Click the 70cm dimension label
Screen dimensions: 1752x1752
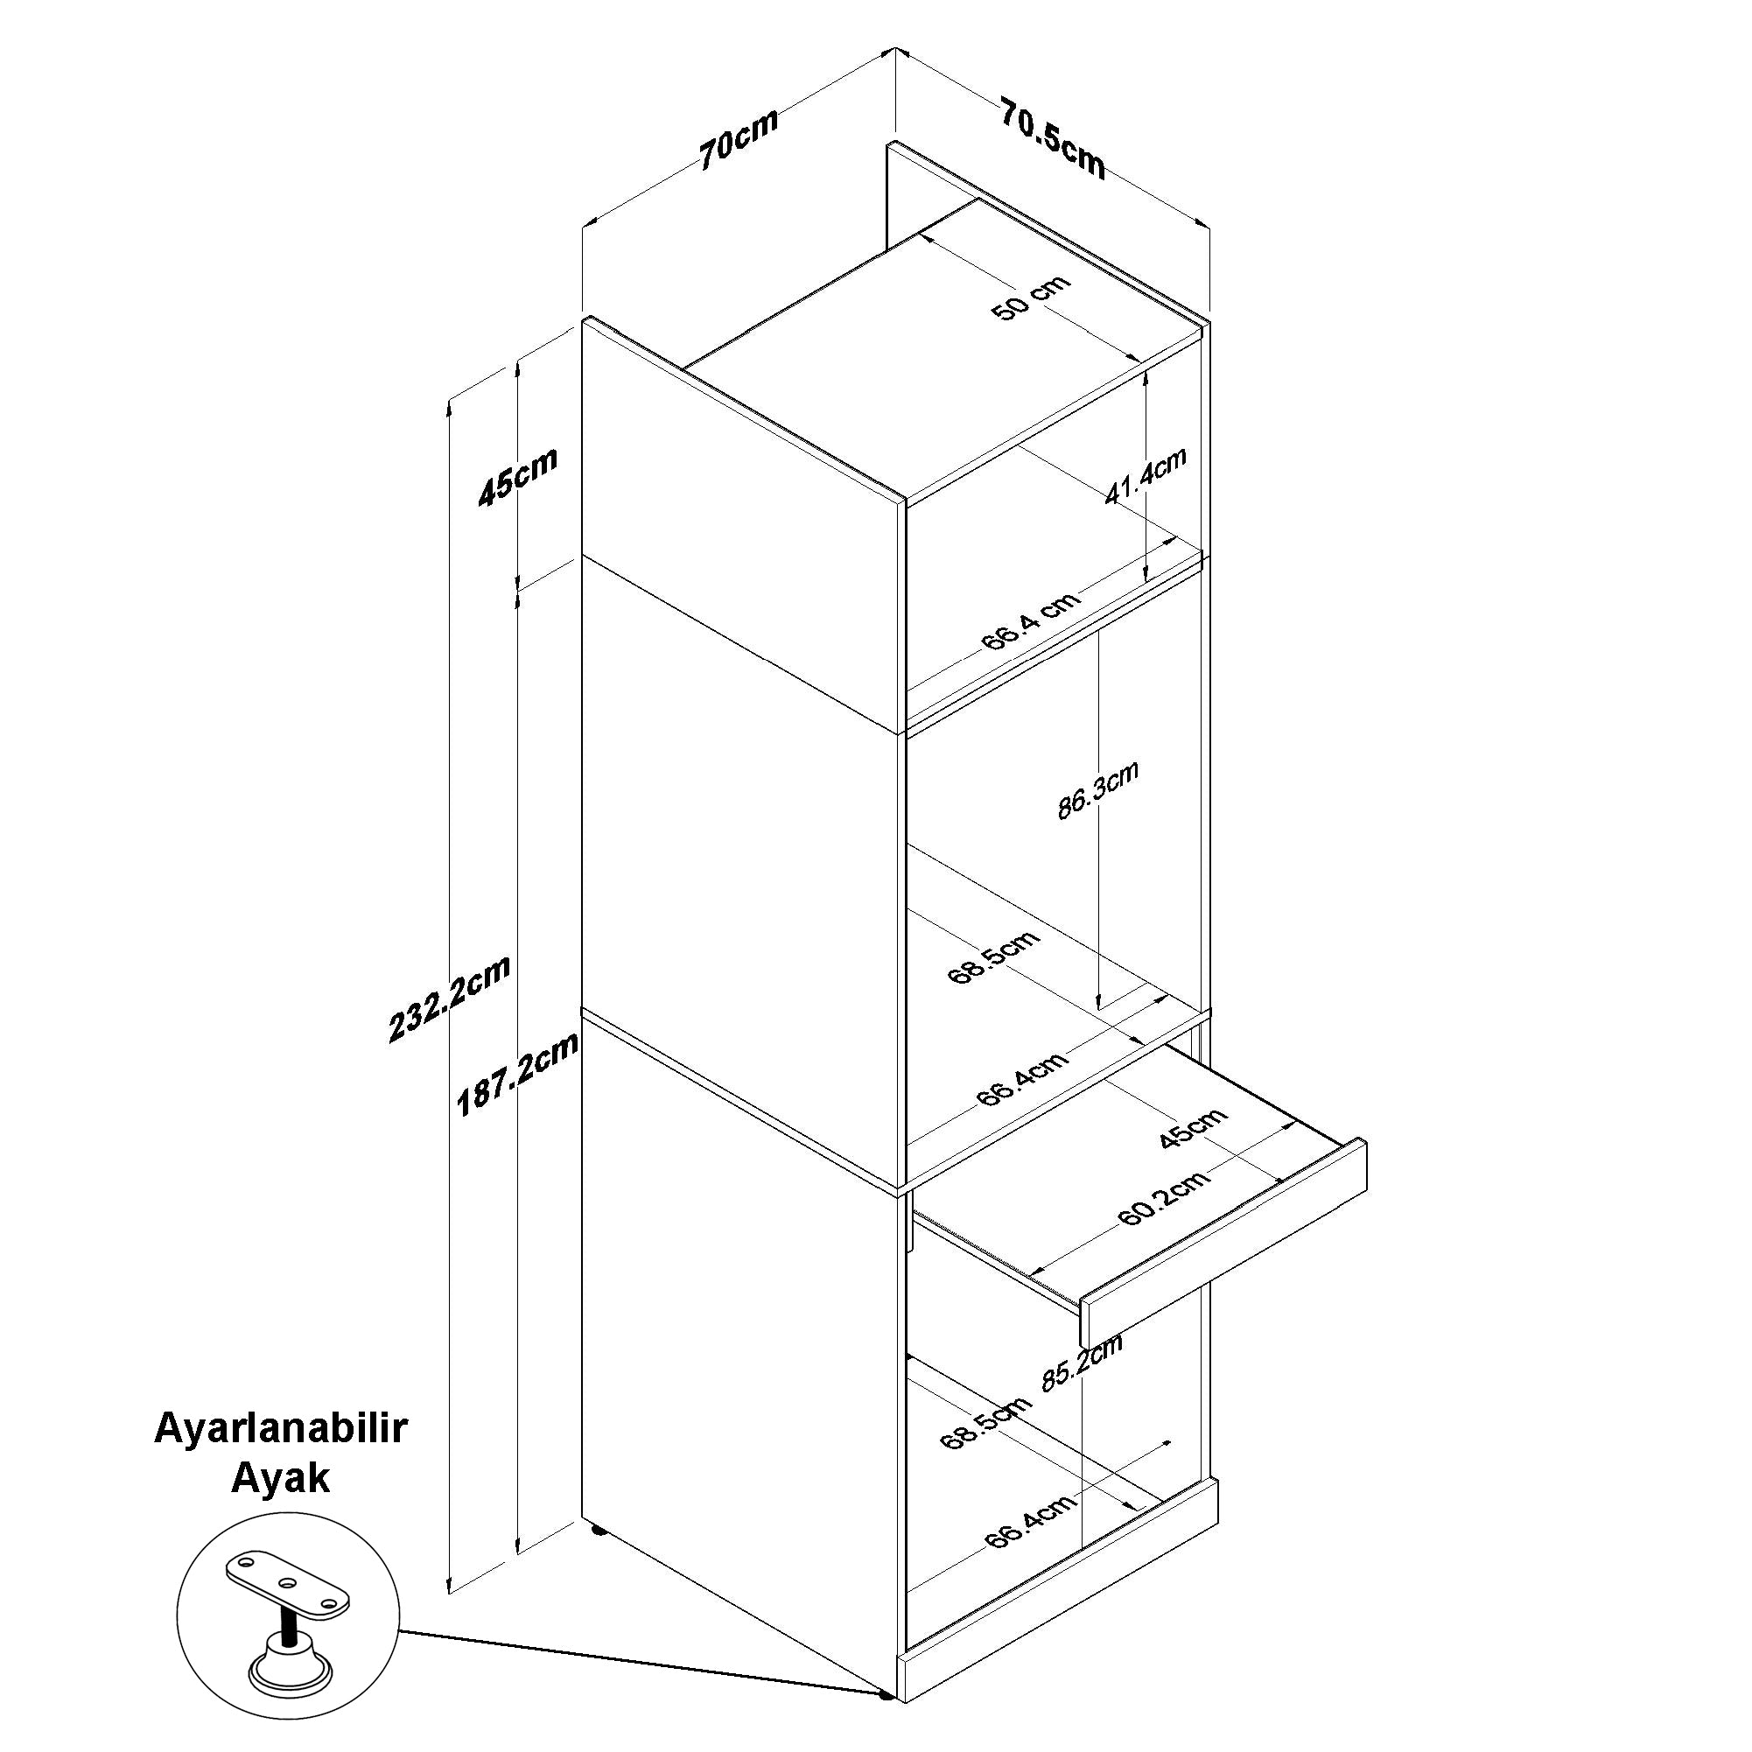point(738,140)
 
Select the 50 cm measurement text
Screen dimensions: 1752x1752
point(1031,298)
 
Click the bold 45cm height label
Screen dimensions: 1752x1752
point(519,477)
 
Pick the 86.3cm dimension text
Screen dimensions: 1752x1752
point(1097,790)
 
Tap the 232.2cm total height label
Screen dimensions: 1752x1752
point(450,999)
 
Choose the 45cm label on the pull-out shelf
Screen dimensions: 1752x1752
point(1193,1128)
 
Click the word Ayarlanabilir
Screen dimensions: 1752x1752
point(281,1429)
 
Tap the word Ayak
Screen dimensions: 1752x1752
point(280,1479)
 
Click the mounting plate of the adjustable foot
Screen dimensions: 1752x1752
point(286,1584)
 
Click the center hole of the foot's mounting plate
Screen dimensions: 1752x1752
point(289,1583)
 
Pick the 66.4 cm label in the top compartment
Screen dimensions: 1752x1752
point(1030,620)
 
